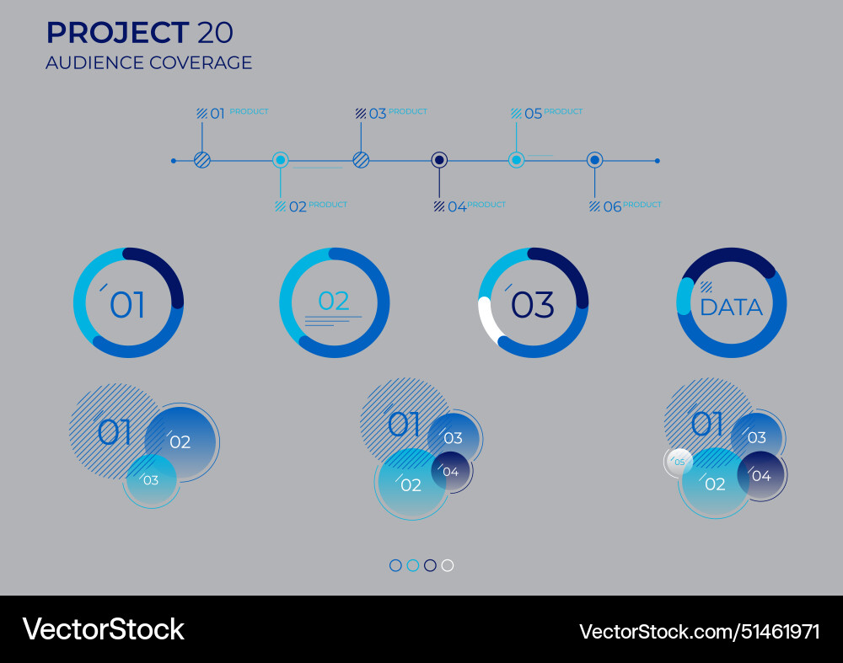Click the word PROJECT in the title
pyautogui.click(x=117, y=33)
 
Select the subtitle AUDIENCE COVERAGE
pyautogui.click(x=148, y=62)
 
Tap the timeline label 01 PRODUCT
pyautogui.click(x=233, y=113)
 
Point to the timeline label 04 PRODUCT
pyautogui.click(x=470, y=206)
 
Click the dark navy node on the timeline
pyautogui.click(x=439, y=160)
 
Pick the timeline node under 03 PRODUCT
pyautogui.click(x=361, y=160)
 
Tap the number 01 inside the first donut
pyautogui.click(x=127, y=305)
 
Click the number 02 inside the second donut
pyautogui.click(x=334, y=301)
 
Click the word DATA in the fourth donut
pyautogui.click(x=731, y=307)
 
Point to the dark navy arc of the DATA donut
pyautogui.click(x=730, y=258)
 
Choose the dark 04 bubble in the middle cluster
pyautogui.click(x=451, y=471)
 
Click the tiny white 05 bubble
pyautogui.click(x=679, y=462)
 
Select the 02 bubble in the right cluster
pyautogui.click(x=714, y=484)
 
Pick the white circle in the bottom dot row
pyautogui.click(x=448, y=565)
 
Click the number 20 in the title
pyautogui.click(x=215, y=33)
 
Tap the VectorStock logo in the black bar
pyautogui.click(x=103, y=629)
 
